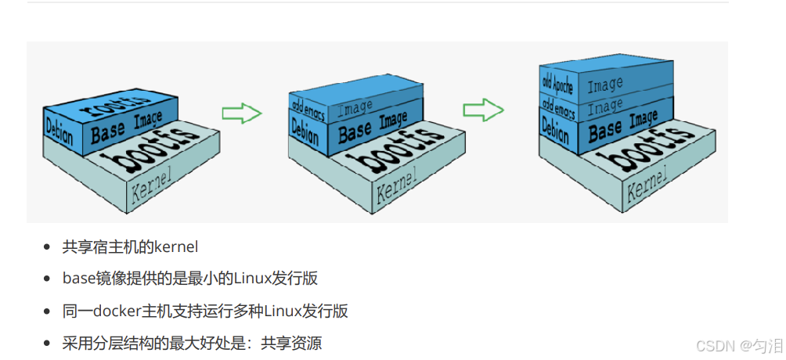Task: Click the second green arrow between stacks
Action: (x=482, y=110)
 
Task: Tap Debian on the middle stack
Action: (x=305, y=130)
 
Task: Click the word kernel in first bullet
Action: (x=176, y=247)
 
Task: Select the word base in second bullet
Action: (x=78, y=279)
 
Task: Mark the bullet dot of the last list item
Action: (x=49, y=344)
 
